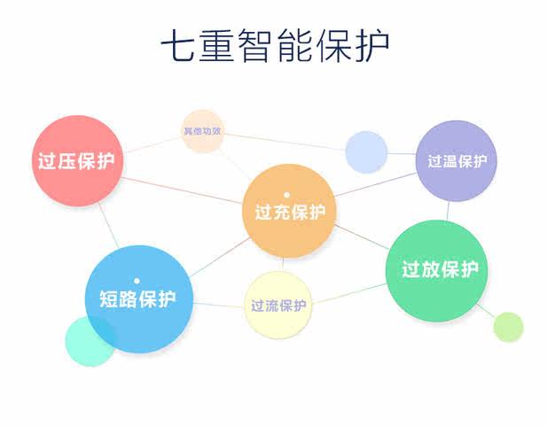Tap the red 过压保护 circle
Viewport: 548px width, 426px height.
tap(77, 161)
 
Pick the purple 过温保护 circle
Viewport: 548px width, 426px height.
tap(457, 160)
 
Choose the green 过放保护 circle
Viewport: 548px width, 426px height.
tap(439, 269)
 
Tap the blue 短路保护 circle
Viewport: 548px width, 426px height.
tap(138, 298)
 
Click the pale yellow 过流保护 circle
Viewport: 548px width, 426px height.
tap(278, 306)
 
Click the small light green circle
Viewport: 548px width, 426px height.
tap(508, 327)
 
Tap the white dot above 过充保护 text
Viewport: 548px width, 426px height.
tap(286, 194)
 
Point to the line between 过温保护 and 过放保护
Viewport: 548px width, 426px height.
tap(450, 210)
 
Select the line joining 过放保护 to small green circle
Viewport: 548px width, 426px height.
tap(485, 309)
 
